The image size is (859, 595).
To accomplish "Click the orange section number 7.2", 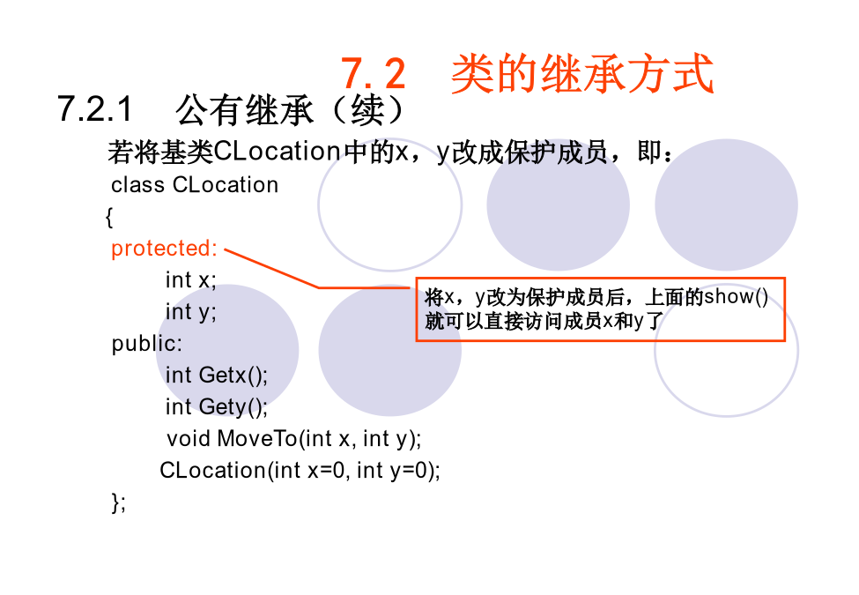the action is point(373,73).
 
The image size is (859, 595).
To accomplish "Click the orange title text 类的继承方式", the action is point(582,73).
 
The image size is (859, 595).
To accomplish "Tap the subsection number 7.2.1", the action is point(95,108).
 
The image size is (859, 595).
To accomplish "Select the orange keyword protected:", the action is point(165,249).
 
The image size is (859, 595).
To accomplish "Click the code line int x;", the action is point(190,280).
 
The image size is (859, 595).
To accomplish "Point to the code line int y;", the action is point(190,312).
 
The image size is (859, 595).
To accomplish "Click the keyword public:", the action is point(147,344).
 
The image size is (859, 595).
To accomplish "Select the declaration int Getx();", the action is point(217,376).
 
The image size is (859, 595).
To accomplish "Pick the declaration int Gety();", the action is point(217,407).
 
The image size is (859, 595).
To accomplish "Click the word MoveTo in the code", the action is point(257,438).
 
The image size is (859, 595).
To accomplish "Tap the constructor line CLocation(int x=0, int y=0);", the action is point(300,470).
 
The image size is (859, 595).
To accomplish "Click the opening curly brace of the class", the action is point(109,217).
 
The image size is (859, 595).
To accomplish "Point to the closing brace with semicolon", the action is point(118,502).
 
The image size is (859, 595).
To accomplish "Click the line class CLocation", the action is point(195,184).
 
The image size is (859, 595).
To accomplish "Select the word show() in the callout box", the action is point(736,297).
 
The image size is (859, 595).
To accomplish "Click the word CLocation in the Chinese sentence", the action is point(278,152).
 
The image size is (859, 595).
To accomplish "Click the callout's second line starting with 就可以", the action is point(544,321).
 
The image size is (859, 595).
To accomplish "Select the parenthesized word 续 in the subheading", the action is point(367,110).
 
